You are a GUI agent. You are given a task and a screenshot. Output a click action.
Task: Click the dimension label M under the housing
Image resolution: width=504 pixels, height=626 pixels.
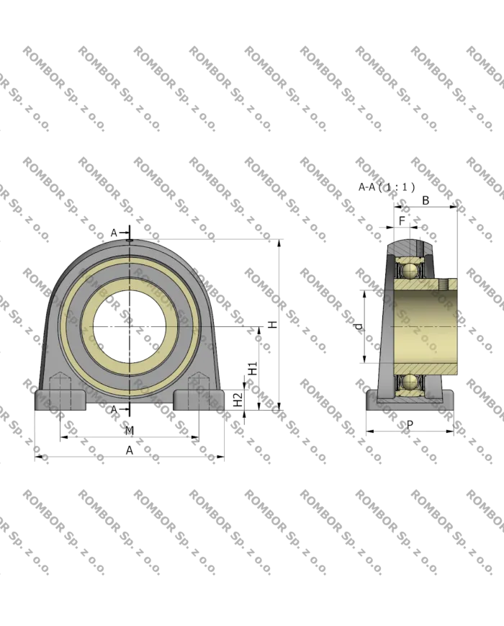point(129,431)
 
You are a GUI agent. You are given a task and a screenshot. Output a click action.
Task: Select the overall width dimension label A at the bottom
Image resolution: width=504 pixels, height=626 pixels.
point(129,450)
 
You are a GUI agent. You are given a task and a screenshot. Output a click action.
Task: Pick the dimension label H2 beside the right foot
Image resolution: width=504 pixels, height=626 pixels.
point(237,401)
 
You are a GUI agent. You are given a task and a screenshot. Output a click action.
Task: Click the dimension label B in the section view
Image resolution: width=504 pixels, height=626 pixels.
point(426,200)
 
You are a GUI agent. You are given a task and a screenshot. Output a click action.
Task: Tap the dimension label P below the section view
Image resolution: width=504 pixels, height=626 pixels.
point(410,426)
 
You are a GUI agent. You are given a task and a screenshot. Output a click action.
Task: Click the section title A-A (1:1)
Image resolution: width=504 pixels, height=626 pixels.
point(386,187)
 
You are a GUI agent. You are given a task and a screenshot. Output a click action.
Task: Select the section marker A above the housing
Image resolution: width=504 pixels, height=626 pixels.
point(114,233)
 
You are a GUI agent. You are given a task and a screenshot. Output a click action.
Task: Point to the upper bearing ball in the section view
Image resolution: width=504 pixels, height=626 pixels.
point(410,271)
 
